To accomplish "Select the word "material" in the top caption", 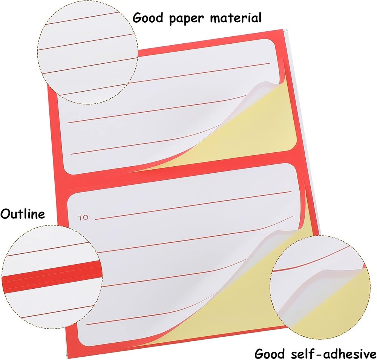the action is pyautogui.click(x=236, y=18).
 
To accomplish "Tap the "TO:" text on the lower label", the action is pyautogui.click(x=84, y=218).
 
